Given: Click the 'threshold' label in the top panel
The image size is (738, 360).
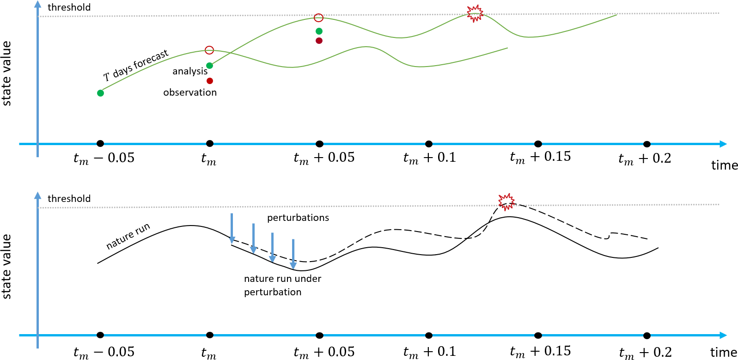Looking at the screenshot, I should tap(69, 7).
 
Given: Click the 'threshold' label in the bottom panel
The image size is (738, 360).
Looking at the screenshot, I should tap(69, 199).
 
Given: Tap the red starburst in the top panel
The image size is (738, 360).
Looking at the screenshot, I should tap(475, 14).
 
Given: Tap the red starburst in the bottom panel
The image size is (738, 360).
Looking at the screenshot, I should tap(506, 202).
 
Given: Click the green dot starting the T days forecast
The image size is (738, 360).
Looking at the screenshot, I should tap(100, 93).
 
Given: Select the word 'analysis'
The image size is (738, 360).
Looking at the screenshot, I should tap(190, 71).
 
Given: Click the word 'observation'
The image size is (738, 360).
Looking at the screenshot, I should tap(190, 92).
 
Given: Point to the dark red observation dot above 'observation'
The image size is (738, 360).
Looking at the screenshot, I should tap(210, 81).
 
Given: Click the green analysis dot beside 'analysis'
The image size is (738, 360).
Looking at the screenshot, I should tap(209, 66).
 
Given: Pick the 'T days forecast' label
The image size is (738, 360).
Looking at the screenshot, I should tap(136, 65).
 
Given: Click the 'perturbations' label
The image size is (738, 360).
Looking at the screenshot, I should tap(298, 218).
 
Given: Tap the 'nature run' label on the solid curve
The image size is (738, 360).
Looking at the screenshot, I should tap(128, 236).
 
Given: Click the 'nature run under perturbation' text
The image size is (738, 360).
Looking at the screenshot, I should tap(282, 285).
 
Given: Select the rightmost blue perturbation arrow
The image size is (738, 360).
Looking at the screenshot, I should tap(293, 254).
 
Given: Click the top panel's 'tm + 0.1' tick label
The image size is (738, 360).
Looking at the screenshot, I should tap(429, 158).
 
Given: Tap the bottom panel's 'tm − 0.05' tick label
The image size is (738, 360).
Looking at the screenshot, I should tap(104, 352).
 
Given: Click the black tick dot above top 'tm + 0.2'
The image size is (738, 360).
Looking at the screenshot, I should tap(647, 144).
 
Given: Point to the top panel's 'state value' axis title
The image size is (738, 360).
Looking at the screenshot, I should tap(6, 73).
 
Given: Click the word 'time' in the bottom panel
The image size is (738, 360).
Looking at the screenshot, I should tap(723, 353).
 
